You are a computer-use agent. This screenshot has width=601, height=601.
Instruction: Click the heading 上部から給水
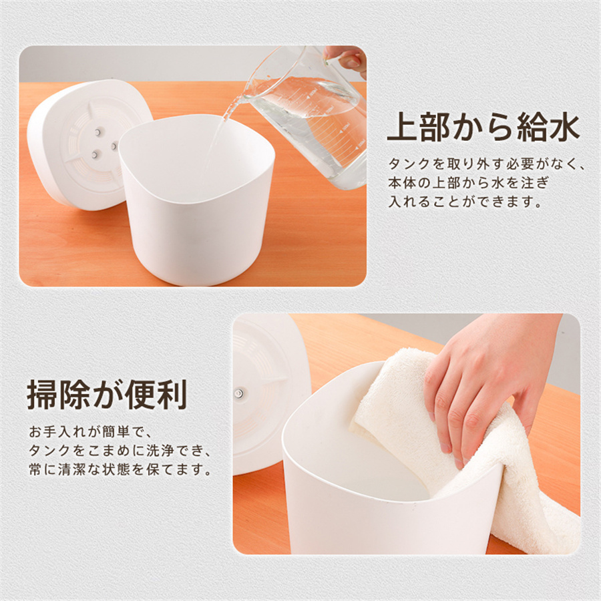coord(483,128)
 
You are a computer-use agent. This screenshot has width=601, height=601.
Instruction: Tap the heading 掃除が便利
coord(107,395)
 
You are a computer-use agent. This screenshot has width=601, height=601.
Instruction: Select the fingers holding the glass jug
coord(346,58)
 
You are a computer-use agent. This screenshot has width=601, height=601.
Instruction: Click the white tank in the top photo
coord(197,199)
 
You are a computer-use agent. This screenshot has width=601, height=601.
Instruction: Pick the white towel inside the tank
coord(460,452)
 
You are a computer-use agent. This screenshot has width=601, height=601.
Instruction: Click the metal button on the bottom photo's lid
coord(239,393)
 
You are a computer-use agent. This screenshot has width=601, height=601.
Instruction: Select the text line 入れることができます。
coord(465,202)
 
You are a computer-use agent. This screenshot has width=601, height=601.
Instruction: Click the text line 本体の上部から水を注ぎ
coord(469,182)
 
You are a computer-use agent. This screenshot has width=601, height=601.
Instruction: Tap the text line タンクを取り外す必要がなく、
coord(486,164)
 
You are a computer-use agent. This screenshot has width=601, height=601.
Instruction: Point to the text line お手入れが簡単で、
coord(90,431)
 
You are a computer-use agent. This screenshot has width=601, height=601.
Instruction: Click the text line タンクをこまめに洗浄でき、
coord(120,450)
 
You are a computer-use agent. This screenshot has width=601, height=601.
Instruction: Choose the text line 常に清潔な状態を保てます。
coord(120,469)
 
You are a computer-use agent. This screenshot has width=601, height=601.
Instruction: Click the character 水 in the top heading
coord(565,128)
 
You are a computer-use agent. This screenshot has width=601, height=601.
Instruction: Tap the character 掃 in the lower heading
coord(42,395)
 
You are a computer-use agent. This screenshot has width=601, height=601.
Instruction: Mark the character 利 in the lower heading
coord(172,395)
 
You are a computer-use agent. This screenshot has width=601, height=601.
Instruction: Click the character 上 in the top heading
coord(403,128)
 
